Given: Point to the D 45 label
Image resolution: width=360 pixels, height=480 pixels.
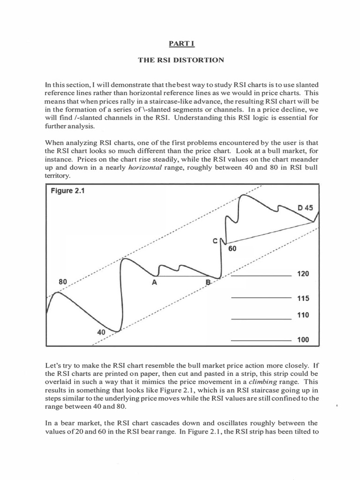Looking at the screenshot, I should [x=305, y=207].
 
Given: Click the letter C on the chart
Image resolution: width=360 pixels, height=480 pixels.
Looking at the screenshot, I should [x=215, y=241].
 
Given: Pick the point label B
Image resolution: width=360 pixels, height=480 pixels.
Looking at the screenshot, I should [x=208, y=283].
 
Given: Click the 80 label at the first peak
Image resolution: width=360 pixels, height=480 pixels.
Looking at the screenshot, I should [x=63, y=282].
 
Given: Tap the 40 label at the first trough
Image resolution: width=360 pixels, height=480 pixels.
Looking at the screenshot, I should [x=101, y=331].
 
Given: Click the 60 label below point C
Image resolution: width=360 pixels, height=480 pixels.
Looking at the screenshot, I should [x=232, y=249].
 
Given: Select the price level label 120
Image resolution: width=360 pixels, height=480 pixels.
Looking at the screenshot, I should [x=303, y=274].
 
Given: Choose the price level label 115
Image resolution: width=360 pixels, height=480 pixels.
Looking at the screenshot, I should [x=303, y=298].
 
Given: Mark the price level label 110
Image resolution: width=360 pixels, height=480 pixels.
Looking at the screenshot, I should [x=303, y=315].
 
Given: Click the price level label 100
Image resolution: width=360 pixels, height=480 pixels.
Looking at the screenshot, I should [x=303, y=339].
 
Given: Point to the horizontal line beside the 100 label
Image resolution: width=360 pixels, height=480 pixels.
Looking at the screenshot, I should [x=261, y=339].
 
